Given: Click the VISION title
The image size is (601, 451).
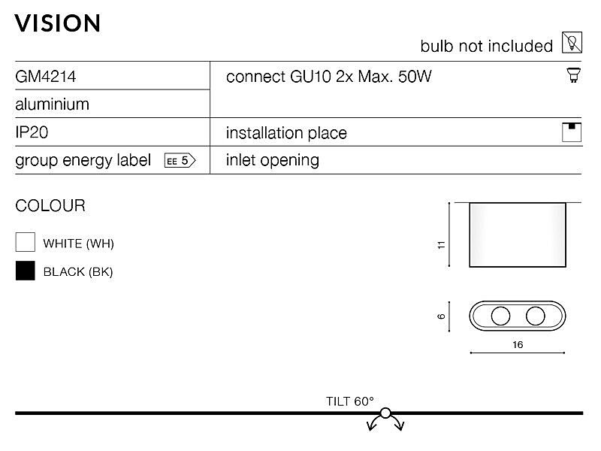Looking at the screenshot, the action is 58,23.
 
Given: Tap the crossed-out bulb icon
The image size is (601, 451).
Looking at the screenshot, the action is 572,42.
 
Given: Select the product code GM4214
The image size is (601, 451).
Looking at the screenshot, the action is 46,77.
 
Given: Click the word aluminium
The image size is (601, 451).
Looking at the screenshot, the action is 52,104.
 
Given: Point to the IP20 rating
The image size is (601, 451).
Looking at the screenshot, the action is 32,132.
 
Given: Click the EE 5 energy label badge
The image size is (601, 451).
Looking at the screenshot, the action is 180,160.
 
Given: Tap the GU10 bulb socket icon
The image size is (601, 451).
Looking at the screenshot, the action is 573,75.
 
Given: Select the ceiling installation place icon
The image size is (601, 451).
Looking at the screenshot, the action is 572,132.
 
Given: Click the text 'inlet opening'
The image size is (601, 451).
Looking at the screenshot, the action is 273,160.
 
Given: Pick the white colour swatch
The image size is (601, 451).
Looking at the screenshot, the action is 26,242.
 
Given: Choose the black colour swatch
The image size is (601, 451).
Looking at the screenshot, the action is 26,271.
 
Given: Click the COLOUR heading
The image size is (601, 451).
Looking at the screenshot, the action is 50,206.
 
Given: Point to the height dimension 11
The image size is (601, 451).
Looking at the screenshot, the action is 441,245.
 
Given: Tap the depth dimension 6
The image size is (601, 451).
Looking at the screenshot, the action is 441,316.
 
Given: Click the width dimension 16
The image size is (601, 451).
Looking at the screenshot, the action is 518,345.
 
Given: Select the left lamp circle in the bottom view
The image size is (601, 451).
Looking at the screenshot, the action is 500,316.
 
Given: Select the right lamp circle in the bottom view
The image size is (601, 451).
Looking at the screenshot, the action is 536,316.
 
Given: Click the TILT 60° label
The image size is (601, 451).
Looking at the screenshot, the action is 350,401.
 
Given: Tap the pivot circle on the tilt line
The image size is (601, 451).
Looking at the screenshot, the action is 385,413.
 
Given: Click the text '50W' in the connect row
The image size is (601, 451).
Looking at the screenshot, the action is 415,77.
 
